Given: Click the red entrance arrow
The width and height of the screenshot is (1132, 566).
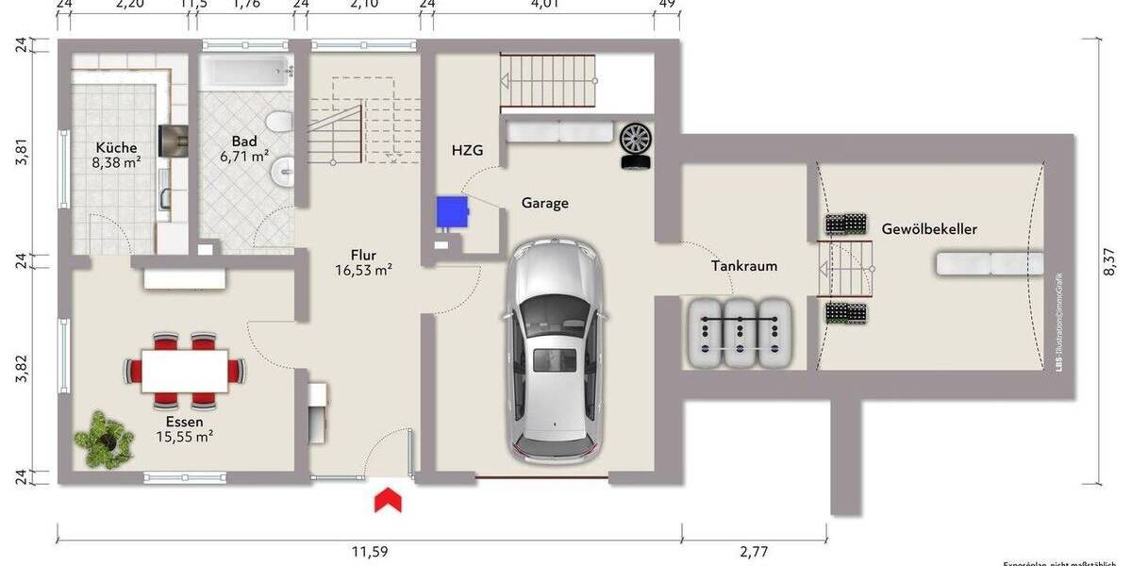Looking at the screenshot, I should coord(387,500).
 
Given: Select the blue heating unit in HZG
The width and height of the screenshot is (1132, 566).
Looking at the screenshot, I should coord(454,212).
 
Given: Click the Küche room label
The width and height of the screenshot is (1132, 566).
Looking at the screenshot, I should coord(116,148).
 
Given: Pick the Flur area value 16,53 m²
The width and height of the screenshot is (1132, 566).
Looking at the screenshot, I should coord(363,270).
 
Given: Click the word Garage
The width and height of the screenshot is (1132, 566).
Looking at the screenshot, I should coord(545,203).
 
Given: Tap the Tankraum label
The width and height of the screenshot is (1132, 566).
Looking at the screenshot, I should coord(744,266).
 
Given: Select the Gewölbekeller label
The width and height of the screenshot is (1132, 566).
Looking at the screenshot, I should coord(929,229).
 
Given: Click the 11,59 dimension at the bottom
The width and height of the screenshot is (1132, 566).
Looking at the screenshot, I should coord(370,551).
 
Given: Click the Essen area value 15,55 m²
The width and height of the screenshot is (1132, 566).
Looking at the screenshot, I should coord(184,437).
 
